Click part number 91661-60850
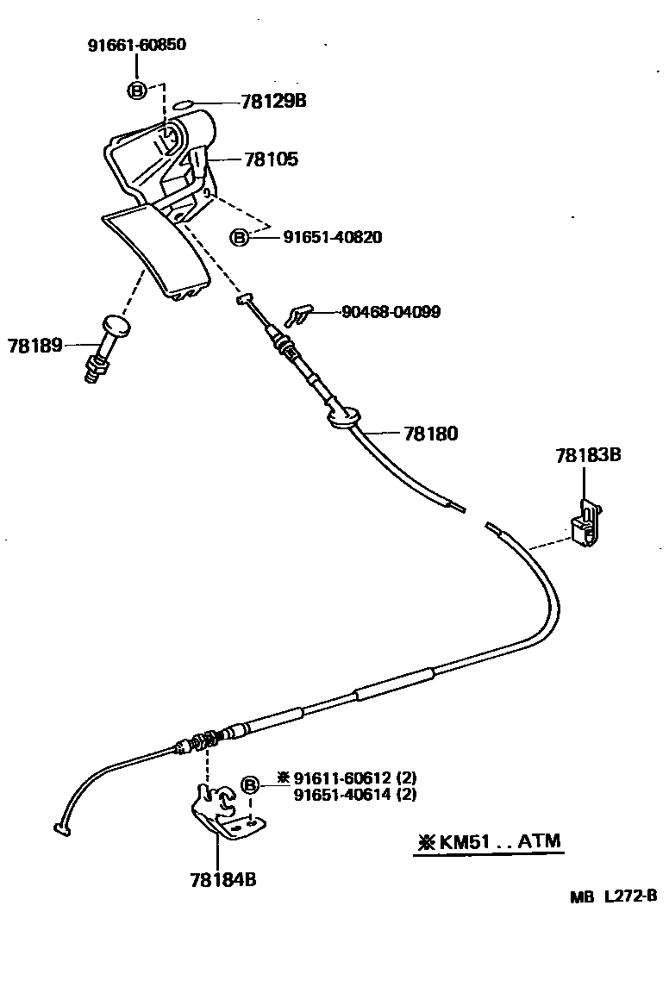point(136,46)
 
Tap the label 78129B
point(273,101)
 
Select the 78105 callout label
point(271,159)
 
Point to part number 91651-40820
point(332,236)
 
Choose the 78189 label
point(35,346)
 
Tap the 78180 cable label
point(430,434)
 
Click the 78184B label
point(222,880)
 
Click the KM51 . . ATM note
point(489,841)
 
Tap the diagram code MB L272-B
point(613,896)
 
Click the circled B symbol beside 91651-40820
point(241,237)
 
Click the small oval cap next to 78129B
point(184,106)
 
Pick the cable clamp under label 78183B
point(586,524)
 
